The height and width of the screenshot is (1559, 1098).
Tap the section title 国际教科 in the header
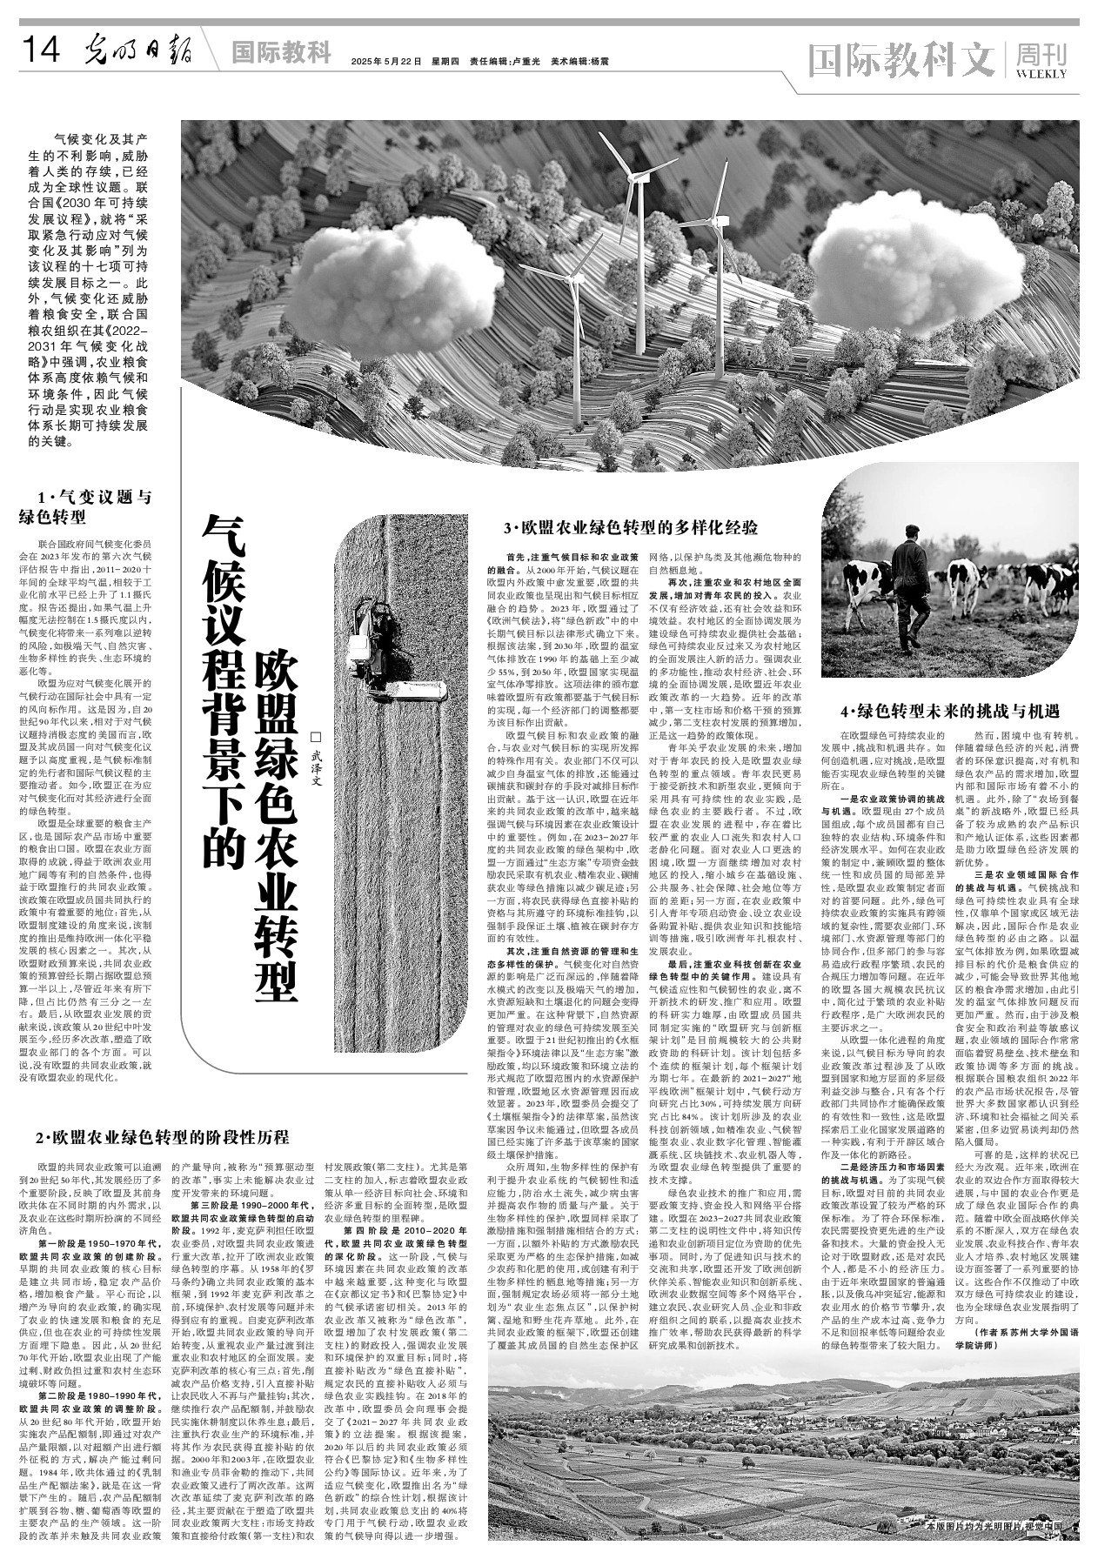pos(281,53)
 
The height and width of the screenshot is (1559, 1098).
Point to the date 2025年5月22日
pos(386,62)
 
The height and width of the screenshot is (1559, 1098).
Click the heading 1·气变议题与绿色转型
pos(85,507)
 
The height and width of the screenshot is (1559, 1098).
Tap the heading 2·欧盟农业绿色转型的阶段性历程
pos(162,1137)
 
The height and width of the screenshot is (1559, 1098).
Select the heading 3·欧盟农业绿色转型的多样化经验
pos(631,527)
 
